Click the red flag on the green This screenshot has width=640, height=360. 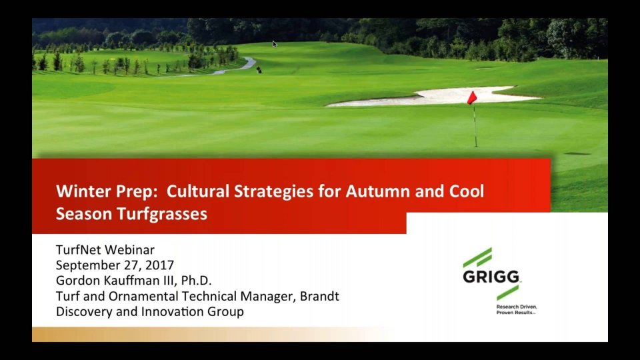pos(472,97)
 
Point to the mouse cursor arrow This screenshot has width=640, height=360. pos(275,44)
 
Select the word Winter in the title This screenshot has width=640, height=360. pos(83,191)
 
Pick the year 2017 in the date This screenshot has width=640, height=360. pos(159,265)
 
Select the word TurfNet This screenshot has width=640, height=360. pos(79,250)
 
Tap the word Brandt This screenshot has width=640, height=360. pos(319,296)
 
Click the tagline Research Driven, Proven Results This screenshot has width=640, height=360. pos(516,309)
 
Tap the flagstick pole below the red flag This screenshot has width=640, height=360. pos(475,125)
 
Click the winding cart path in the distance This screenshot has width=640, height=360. pos(237,67)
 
